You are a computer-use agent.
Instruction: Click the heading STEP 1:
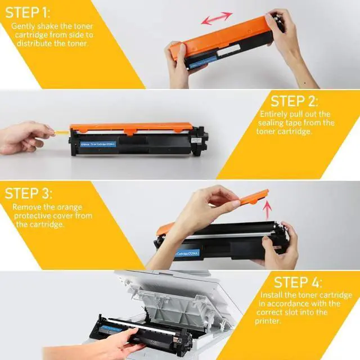28,12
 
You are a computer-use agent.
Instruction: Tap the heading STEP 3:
29,193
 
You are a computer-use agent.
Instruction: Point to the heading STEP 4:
298,282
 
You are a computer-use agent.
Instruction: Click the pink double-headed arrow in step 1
217,18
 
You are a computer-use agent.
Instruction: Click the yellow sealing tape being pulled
61,132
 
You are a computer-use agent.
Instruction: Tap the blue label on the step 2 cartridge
98,145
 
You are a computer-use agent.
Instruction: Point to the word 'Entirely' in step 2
274,114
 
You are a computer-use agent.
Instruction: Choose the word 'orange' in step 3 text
69,207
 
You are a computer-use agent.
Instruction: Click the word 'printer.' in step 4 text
268,321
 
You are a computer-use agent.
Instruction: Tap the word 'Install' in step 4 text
272,295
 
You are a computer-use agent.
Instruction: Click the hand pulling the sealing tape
25,138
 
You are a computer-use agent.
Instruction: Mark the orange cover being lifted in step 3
254,197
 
